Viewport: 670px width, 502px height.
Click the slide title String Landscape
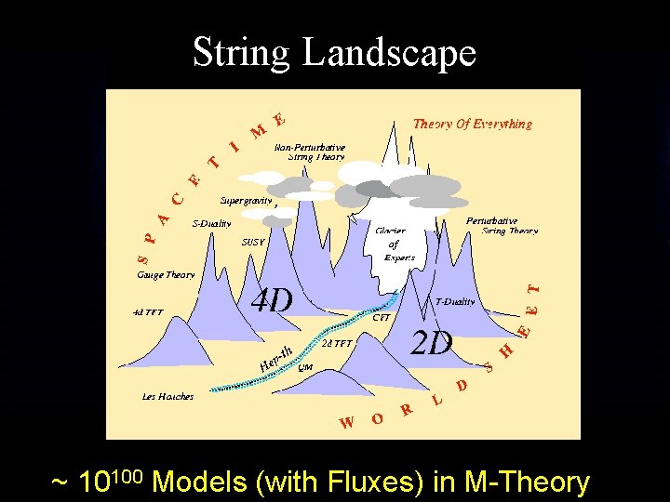click(334, 53)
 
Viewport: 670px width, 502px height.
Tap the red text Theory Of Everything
click(472, 124)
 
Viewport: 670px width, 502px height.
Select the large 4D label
click(273, 299)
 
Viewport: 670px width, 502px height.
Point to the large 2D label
click(432, 343)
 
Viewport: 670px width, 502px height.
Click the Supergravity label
click(247, 200)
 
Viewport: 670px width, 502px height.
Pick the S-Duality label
click(211, 223)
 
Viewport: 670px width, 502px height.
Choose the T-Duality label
click(455, 301)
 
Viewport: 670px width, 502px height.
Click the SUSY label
click(253, 242)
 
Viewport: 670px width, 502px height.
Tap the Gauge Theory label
click(166, 275)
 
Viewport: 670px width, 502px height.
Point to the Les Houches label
click(167, 397)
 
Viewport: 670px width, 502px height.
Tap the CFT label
click(382, 318)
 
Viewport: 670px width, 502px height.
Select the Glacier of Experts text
click(394, 244)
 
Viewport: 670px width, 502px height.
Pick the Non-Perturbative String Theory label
click(310, 152)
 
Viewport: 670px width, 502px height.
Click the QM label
click(305, 367)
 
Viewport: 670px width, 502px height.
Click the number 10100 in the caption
click(110, 482)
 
